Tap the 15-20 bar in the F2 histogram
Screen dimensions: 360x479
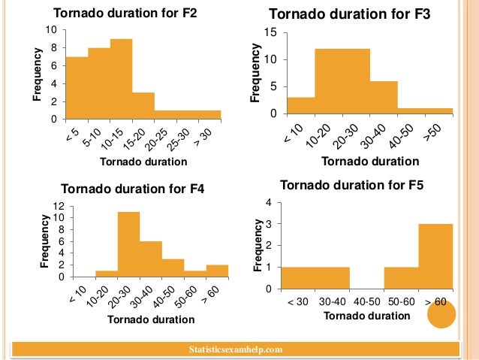click(143, 106)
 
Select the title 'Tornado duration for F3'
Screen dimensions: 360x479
click(349, 14)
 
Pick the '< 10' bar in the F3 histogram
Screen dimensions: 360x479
click(301, 106)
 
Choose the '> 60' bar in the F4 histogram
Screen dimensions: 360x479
click(217, 271)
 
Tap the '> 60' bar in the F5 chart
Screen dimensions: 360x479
click(435, 256)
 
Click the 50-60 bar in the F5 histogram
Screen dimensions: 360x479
click(401, 278)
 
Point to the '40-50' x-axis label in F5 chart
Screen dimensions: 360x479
click(366, 301)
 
